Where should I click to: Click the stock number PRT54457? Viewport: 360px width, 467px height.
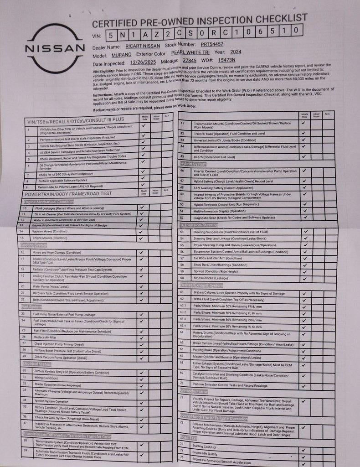click(212, 44)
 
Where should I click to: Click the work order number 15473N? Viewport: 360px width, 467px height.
click(226, 59)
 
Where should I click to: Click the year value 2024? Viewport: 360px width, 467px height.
click(236, 52)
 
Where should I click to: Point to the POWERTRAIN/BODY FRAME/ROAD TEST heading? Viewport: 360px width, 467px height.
click(75, 193)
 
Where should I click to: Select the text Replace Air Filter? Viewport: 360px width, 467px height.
click(45, 337)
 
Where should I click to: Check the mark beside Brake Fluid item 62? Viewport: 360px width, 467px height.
click(304, 299)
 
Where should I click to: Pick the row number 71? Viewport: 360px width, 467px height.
click(182, 397)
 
